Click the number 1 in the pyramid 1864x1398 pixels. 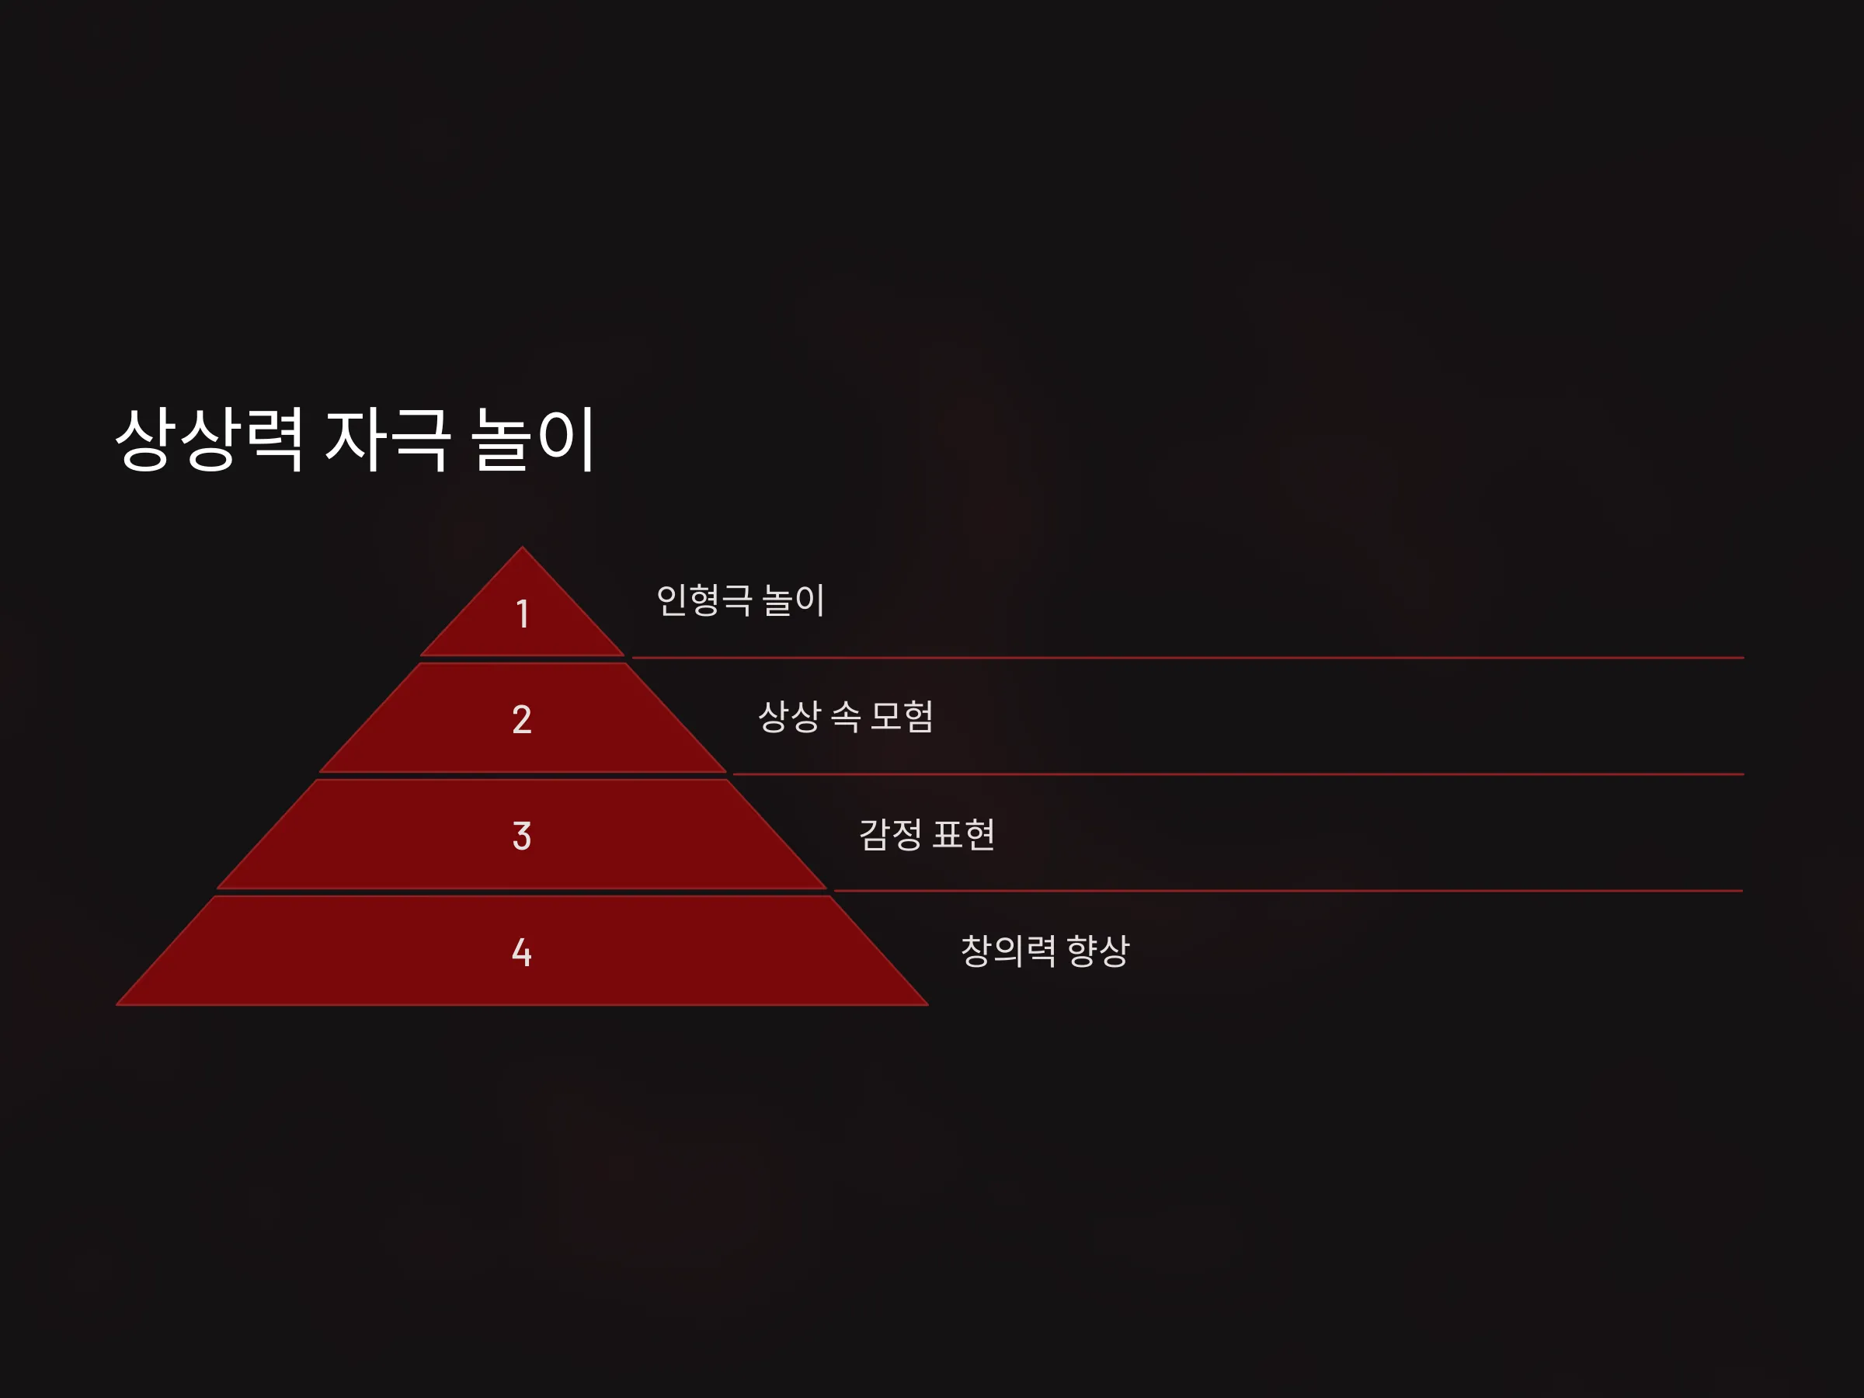click(523, 614)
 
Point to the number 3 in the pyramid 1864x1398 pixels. click(522, 836)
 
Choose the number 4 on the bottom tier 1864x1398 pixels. click(522, 952)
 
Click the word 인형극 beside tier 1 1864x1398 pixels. click(704, 600)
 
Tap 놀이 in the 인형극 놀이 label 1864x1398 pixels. click(793, 600)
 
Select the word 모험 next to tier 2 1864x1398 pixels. click(902, 716)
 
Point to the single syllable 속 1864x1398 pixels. click(846, 716)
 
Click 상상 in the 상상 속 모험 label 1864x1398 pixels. click(790, 716)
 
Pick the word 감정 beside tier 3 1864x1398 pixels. click(891, 834)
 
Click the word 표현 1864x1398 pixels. click(964, 834)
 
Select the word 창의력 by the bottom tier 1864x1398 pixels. click(1009, 951)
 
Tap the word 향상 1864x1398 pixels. click(1098, 951)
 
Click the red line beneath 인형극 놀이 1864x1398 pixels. click(1188, 657)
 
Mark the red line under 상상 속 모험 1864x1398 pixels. click(1239, 774)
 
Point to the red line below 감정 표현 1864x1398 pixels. click(1288, 890)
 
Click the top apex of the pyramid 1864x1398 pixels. click(523, 548)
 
